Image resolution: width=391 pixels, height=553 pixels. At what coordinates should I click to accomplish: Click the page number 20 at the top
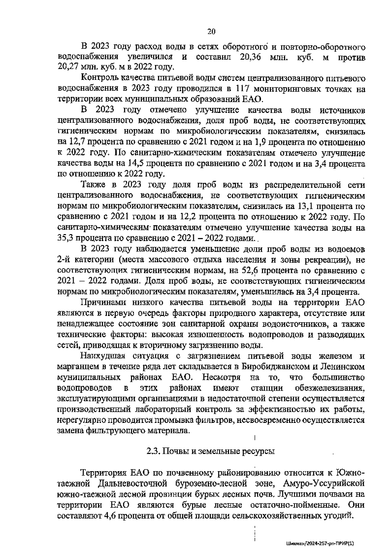[x=211, y=32]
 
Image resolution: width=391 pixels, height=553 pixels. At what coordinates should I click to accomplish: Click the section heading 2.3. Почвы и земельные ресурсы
[x=210, y=451]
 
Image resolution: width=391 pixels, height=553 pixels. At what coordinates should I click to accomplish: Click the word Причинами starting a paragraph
[x=104, y=303]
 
